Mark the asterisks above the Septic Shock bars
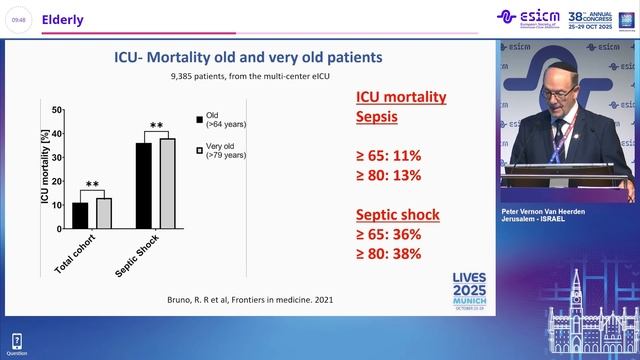point(156,126)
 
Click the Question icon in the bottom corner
point(16,345)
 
